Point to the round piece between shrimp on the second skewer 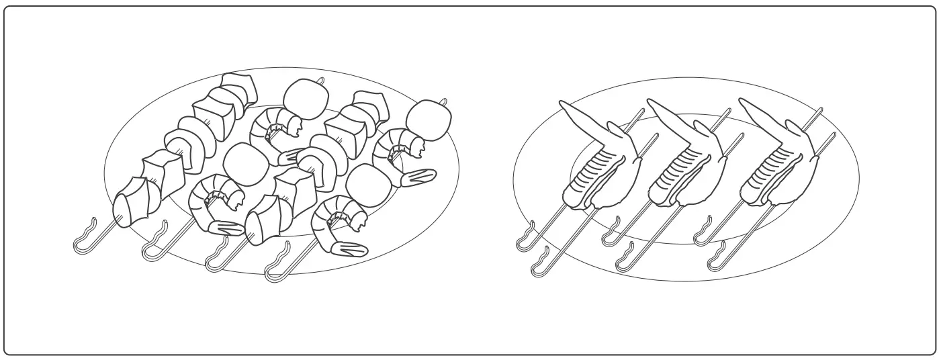click(x=241, y=162)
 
